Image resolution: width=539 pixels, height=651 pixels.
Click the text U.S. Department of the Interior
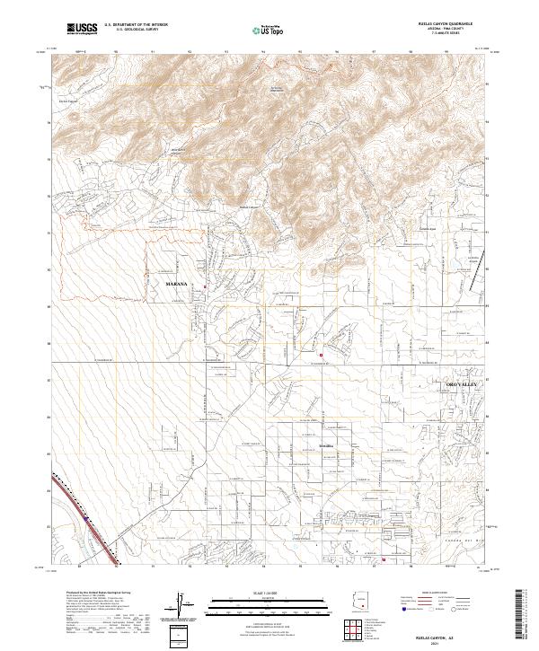[x=137, y=25]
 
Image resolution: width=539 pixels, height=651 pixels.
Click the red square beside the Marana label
[x=205, y=287]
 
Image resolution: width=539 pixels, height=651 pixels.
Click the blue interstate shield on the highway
[x=86, y=518]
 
